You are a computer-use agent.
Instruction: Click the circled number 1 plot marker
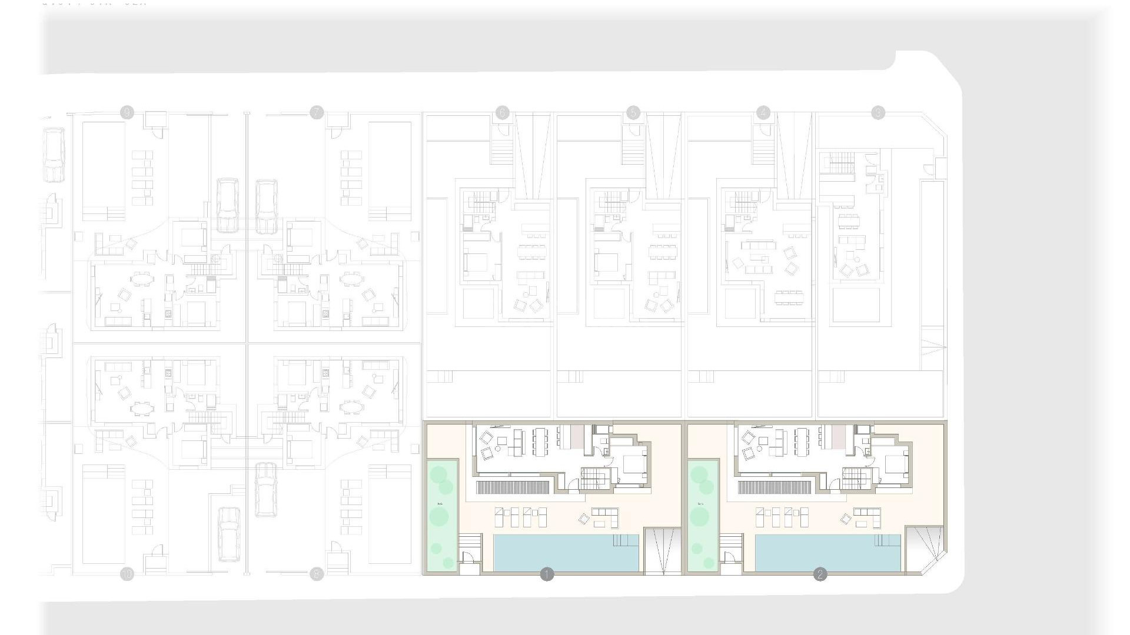(x=547, y=574)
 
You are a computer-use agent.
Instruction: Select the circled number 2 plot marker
(x=820, y=574)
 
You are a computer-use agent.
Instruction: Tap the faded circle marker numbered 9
(x=127, y=112)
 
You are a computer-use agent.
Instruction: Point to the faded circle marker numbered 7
(x=317, y=112)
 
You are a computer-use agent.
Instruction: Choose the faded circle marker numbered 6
(x=502, y=112)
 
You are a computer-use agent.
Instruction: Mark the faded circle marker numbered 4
(x=763, y=112)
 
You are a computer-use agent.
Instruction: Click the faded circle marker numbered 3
(x=878, y=112)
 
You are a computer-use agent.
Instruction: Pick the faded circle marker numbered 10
(x=127, y=574)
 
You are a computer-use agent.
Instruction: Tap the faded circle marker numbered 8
(x=317, y=574)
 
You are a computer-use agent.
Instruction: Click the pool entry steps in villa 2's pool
(x=889, y=540)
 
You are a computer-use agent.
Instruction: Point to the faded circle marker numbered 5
(x=633, y=112)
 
